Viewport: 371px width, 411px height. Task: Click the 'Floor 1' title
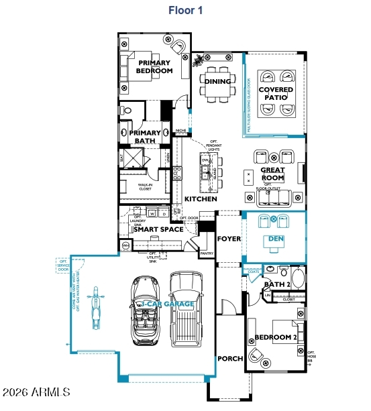click(x=185, y=10)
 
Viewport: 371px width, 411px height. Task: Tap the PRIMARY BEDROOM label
click(x=155, y=66)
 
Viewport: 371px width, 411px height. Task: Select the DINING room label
click(x=217, y=82)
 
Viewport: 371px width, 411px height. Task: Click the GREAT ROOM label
click(x=273, y=174)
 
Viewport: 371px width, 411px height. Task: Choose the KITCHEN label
click(x=201, y=199)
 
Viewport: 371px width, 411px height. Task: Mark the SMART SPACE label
click(x=158, y=229)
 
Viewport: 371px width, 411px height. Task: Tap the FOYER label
click(x=229, y=239)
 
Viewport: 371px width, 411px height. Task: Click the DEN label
click(x=275, y=239)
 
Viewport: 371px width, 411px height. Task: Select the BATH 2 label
click(x=276, y=284)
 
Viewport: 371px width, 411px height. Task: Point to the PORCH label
click(x=230, y=359)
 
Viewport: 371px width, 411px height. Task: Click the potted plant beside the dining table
click(x=199, y=61)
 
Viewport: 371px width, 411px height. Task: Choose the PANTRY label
click(x=207, y=254)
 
